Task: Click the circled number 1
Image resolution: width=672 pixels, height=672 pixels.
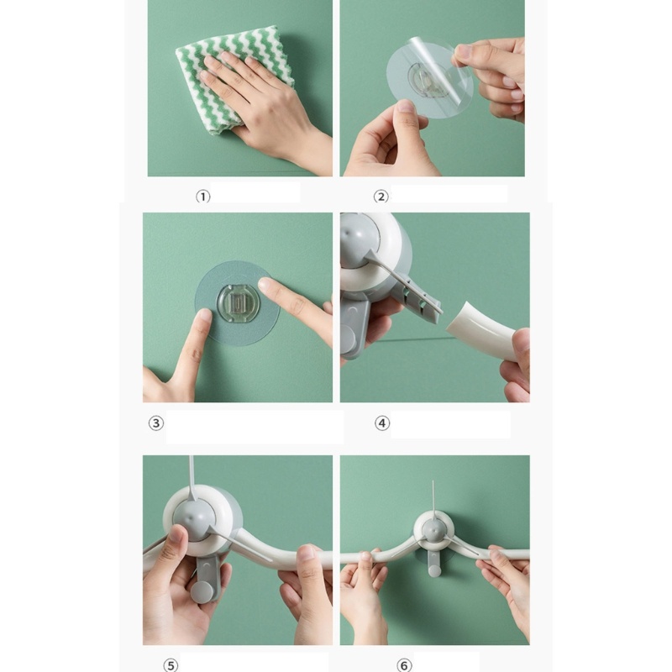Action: point(203,197)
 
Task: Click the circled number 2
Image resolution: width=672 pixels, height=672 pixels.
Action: point(381,197)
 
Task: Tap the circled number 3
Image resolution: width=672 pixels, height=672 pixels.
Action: point(156,423)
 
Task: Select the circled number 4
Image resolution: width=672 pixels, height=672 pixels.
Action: point(382,423)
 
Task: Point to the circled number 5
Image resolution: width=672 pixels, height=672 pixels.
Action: point(171,665)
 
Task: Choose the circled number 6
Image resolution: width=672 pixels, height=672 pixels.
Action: point(404,665)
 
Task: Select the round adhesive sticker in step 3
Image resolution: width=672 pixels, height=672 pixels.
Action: point(238,303)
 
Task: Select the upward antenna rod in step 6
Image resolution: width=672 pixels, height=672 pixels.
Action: point(433,497)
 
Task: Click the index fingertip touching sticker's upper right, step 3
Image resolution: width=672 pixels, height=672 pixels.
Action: point(265,284)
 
